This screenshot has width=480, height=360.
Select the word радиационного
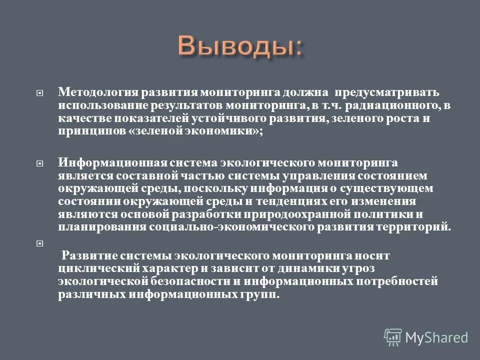[384, 106]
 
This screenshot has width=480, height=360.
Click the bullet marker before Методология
[40, 93]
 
